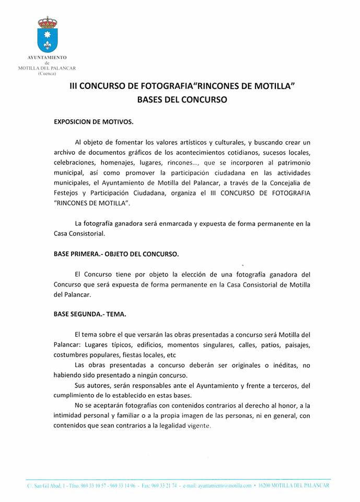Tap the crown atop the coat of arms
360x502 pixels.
click(x=47, y=21)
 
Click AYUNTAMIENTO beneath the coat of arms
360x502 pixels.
click(x=47, y=59)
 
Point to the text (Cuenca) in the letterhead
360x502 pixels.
click(x=47, y=73)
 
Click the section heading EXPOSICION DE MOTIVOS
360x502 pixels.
click(x=94, y=122)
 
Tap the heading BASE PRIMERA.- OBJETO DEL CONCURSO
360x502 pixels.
click(x=116, y=254)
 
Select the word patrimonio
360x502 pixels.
click(x=291, y=163)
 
